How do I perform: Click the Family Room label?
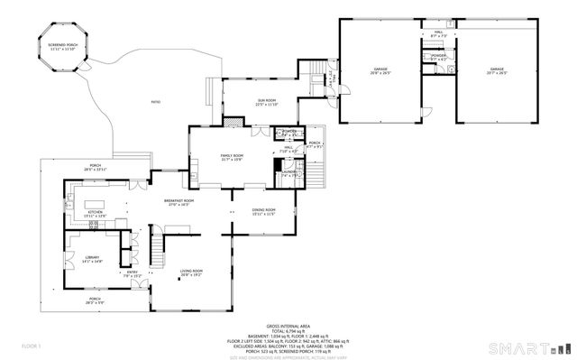(233, 157)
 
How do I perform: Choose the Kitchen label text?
(95, 214)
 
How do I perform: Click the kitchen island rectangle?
(95, 200)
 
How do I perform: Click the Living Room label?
(190, 272)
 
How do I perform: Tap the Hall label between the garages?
(439, 33)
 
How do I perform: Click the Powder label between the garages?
(438, 57)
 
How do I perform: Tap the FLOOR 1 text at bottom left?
(32, 346)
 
